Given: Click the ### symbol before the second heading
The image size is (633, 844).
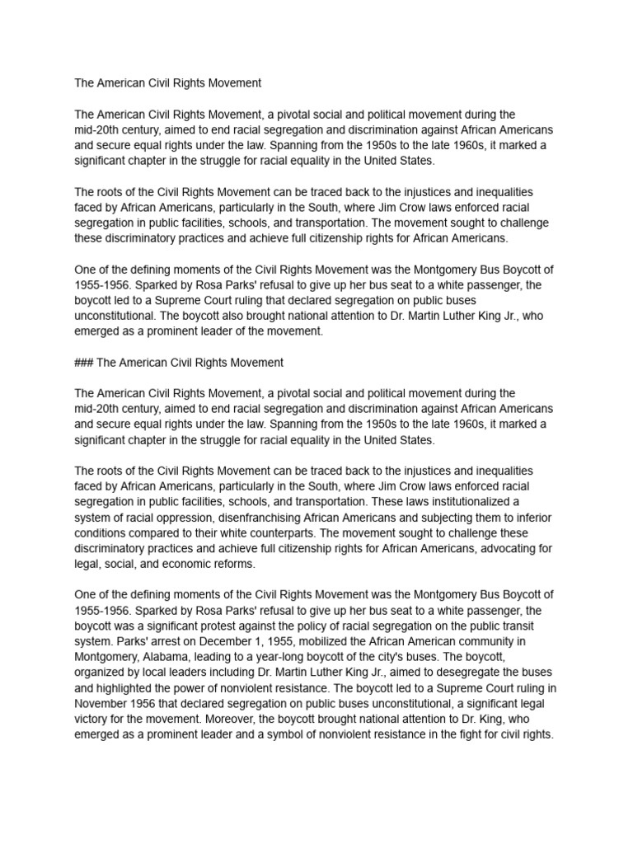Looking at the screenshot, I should tap(85, 362).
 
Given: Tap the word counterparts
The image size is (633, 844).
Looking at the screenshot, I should tap(284, 532).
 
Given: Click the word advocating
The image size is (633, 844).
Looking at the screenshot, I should tap(515, 548).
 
